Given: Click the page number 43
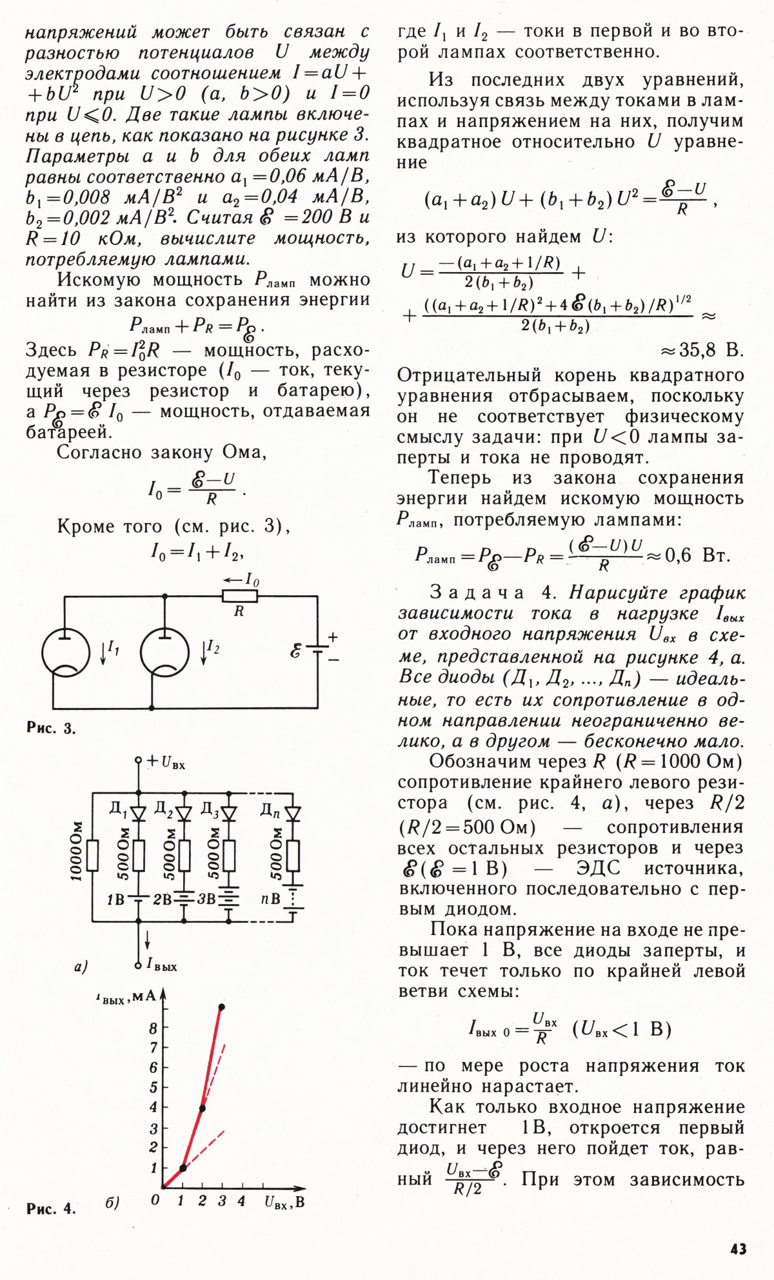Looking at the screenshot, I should click(x=738, y=1248).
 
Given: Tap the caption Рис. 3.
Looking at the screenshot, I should click(x=51, y=729).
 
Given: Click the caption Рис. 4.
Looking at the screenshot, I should click(x=51, y=1208).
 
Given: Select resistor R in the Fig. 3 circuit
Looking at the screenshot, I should click(x=239, y=596).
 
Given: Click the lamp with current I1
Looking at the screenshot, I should click(x=66, y=652).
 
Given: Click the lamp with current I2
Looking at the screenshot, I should click(x=165, y=652).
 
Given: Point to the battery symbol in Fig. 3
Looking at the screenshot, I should click(x=317, y=650).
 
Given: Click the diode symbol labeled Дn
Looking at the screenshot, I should click(x=293, y=814).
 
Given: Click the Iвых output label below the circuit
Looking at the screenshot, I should click(x=161, y=965).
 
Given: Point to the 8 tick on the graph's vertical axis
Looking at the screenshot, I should click(x=154, y=1029).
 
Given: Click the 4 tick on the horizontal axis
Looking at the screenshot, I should click(x=241, y=1201).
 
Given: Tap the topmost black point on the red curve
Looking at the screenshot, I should click(x=222, y=1007).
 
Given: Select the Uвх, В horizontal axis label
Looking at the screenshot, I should click(x=284, y=1202).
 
